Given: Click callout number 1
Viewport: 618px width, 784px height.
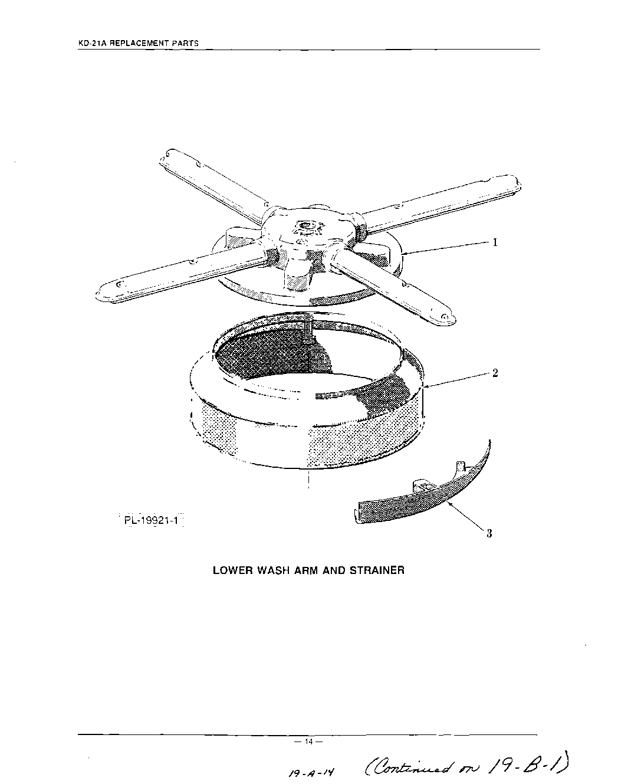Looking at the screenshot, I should pyautogui.click(x=495, y=242).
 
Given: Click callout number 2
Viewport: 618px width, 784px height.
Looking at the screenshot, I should pyautogui.click(x=495, y=373).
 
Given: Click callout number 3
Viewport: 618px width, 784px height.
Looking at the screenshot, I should pyautogui.click(x=489, y=534).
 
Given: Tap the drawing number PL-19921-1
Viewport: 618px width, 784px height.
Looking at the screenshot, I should pyautogui.click(x=152, y=520).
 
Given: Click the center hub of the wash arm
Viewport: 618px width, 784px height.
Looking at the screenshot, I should pyautogui.click(x=307, y=226).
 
